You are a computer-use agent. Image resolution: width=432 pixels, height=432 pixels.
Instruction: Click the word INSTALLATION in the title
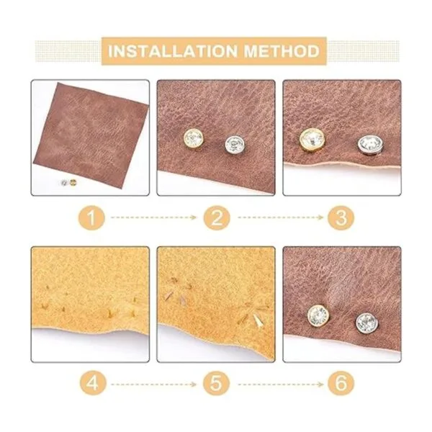[x=173, y=51]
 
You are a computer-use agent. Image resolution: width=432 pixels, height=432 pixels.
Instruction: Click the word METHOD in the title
[x=282, y=51]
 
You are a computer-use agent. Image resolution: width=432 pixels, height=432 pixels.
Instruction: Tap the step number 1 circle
[x=91, y=217]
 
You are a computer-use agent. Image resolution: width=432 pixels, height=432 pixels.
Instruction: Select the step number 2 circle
[x=217, y=217]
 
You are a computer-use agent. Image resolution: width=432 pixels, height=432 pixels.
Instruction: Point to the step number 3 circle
[x=341, y=217]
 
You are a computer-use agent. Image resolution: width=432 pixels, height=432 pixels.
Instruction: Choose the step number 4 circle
[x=93, y=383]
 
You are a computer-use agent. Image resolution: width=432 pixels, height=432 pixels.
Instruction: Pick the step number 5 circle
[x=217, y=383]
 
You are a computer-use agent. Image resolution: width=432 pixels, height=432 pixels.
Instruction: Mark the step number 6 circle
[x=341, y=383]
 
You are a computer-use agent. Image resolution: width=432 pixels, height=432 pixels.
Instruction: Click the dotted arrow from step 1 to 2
[x=154, y=217]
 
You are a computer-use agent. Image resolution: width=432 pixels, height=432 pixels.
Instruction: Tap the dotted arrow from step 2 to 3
[x=281, y=217]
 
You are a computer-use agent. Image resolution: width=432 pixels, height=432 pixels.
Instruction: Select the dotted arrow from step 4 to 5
[x=154, y=384]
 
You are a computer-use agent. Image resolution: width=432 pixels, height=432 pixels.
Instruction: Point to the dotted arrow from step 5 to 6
[x=281, y=384]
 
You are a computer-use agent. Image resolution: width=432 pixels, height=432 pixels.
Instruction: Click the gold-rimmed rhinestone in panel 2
[x=194, y=140]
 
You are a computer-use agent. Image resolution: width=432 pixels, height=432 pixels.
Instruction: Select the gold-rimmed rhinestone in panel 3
[x=312, y=140]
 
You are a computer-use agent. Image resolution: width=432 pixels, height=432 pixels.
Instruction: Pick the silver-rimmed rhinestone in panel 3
[x=371, y=145]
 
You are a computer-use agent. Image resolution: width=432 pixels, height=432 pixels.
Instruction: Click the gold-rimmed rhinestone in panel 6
[x=318, y=316]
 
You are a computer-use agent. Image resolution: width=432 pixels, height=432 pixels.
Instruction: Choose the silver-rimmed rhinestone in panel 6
[x=367, y=323]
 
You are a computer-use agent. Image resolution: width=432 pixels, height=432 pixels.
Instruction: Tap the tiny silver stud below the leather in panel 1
[x=64, y=182]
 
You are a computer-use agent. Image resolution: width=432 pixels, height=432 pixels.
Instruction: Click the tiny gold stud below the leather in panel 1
[x=73, y=182]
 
